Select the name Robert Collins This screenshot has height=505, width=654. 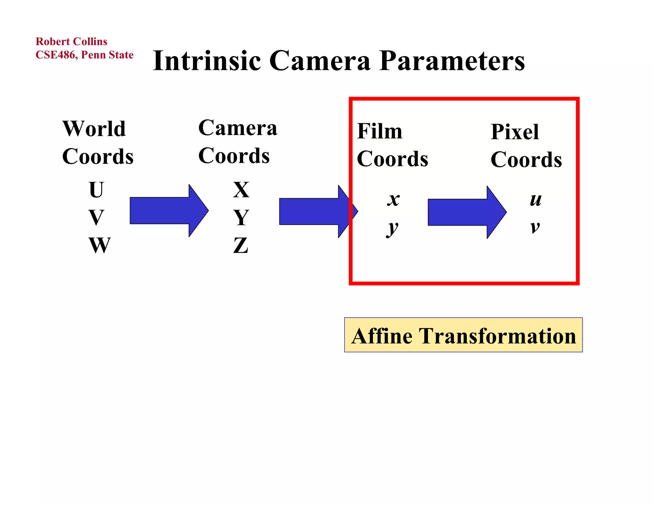pyautogui.click(x=71, y=41)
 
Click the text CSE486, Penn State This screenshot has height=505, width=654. pyautogui.click(x=84, y=55)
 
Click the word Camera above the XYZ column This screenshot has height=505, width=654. pyautogui.click(x=238, y=128)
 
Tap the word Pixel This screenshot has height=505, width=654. pyautogui.click(x=514, y=132)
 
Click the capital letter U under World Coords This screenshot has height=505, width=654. pyautogui.click(x=96, y=190)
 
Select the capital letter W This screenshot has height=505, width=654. pyautogui.click(x=100, y=245)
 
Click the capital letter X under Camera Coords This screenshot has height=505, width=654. pyautogui.click(x=241, y=190)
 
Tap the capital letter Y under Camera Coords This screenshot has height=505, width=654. pyautogui.click(x=241, y=218)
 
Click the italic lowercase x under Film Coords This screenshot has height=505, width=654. pyautogui.click(x=393, y=200)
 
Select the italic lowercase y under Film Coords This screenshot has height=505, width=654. pyautogui.click(x=392, y=228)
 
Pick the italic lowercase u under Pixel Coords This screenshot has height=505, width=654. pyautogui.click(x=536, y=200)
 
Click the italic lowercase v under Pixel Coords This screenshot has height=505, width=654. pyautogui.click(x=535, y=227)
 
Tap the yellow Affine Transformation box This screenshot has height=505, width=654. pyautogui.click(x=463, y=335)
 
